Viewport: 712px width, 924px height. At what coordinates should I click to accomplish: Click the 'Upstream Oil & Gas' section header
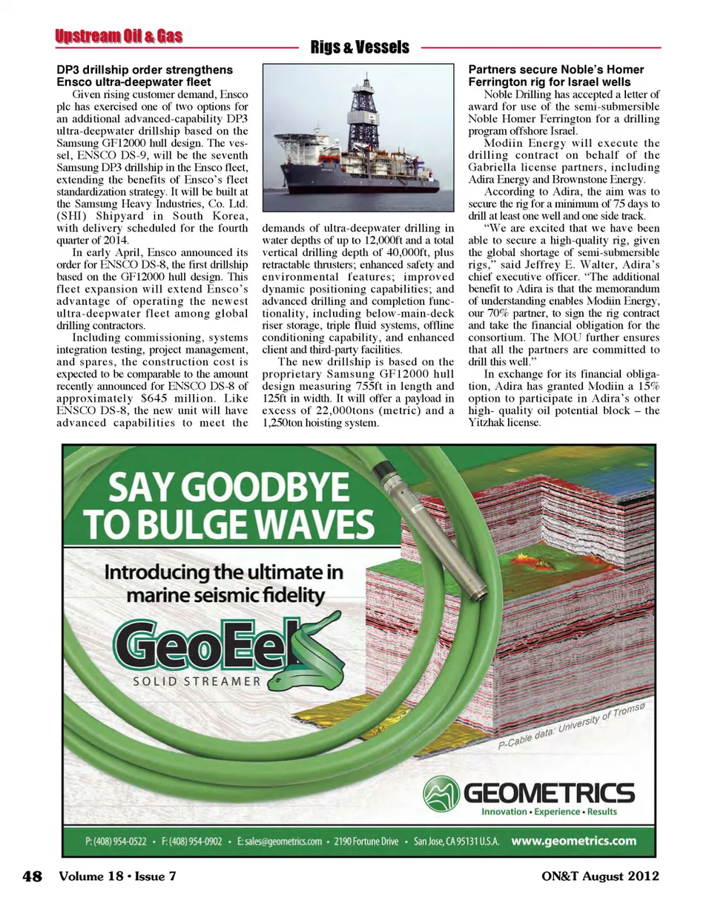click(119, 36)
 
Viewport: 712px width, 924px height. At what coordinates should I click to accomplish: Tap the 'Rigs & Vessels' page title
click(360, 47)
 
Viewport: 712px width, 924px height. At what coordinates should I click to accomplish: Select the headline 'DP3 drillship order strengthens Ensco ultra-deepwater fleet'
click(145, 76)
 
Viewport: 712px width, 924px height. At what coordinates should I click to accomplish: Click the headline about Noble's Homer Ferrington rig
click(556, 76)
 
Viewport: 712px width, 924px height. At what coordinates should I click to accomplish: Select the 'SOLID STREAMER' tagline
click(197, 681)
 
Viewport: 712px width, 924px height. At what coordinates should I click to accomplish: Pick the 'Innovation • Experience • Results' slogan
click(549, 812)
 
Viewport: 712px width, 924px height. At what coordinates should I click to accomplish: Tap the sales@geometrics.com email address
click(279, 842)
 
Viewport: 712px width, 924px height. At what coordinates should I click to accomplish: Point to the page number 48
click(33, 877)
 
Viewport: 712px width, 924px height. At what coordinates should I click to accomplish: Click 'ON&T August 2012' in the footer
click(600, 877)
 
